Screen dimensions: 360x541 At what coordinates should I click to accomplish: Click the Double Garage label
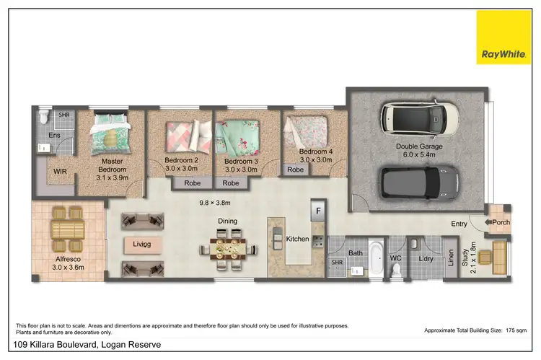(x=419, y=146)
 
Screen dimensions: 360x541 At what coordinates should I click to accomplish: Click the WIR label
(x=60, y=172)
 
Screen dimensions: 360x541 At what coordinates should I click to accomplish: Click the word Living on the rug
(x=142, y=244)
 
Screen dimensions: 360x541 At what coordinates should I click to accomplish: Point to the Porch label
(x=501, y=222)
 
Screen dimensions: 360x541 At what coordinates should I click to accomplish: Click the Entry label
(x=459, y=224)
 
